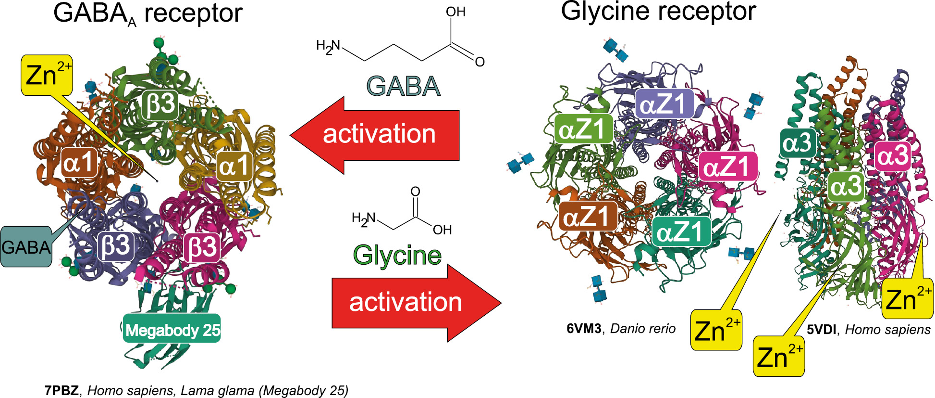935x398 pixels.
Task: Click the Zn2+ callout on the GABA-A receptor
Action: coord(47,75)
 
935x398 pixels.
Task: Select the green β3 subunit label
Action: coord(160,104)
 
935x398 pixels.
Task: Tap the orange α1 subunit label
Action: coord(80,163)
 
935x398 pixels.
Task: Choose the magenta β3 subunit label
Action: coord(202,248)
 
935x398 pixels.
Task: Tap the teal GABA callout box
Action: coord(26,247)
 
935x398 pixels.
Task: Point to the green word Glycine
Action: coord(397,255)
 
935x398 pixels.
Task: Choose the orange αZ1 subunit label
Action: coord(588,217)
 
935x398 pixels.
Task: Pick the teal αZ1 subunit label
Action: coord(681,232)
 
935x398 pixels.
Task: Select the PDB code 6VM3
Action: coord(584,329)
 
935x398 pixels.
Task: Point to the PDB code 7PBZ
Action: coord(62,390)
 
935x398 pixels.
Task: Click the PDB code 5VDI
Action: coord(822,330)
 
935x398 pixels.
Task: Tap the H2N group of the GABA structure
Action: coord(328,47)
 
